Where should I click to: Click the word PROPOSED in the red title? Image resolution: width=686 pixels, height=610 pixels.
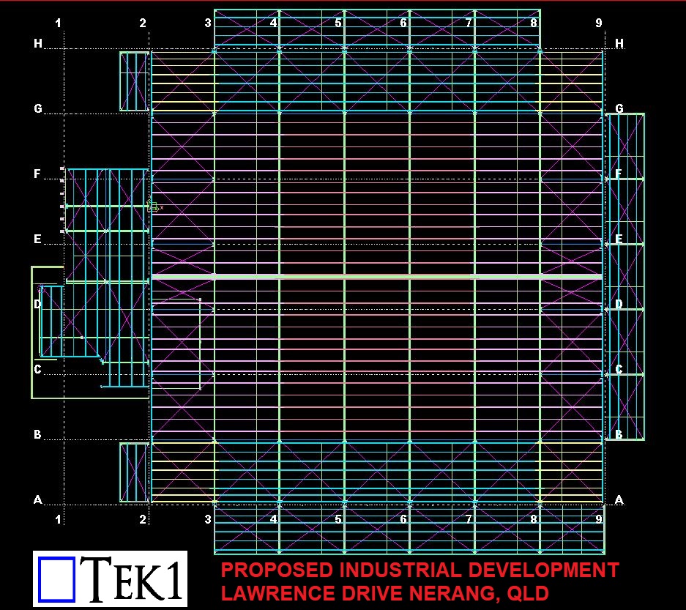(277, 570)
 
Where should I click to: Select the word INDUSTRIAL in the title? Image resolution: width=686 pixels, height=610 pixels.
(400, 570)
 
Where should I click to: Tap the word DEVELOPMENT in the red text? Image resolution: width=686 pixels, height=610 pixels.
(543, 570)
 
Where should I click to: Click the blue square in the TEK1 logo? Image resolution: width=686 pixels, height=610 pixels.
(56, 579)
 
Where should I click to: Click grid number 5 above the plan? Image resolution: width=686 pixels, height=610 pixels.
(338, 23)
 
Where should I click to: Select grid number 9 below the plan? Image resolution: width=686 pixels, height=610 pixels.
(599, 519)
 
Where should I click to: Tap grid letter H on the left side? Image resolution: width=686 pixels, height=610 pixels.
(38, 43)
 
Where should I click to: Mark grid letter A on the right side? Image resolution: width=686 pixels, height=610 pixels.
(619, 499)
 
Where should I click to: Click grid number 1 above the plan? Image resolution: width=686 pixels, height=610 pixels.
(58, 23)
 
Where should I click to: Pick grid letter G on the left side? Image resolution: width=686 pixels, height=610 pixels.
(38, 108)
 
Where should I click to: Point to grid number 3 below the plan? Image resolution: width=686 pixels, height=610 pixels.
(208, 519)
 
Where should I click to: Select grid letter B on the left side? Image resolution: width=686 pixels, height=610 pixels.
(37, 434)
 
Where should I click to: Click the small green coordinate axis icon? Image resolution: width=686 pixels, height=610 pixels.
(153, 206)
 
